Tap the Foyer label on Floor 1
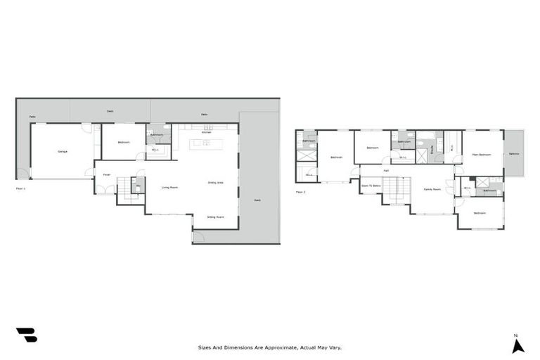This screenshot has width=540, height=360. click(x=107, y=174)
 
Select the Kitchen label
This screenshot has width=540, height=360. click(x=206, y=132)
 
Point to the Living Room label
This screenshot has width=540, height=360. click(x=169, y=187)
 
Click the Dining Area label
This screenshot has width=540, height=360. click(x=216, y=183)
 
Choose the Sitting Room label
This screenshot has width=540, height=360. click(x=215, y=217)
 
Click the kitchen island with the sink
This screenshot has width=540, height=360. click(x=205, y=143)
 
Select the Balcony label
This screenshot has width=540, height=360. click(x=513, y=153)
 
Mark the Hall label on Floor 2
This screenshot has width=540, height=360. click(x=386, y=170)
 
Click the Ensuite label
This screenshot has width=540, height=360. click(x=434, y=147)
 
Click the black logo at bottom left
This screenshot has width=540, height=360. click(x=26, y=335)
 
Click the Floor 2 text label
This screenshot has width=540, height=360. click(x=301, y=191)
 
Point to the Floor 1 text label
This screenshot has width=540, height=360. click(x=20, y=188)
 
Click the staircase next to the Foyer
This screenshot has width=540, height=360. click(x=124, y=188)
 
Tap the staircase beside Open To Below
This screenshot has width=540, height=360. click(x=397, y=190)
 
